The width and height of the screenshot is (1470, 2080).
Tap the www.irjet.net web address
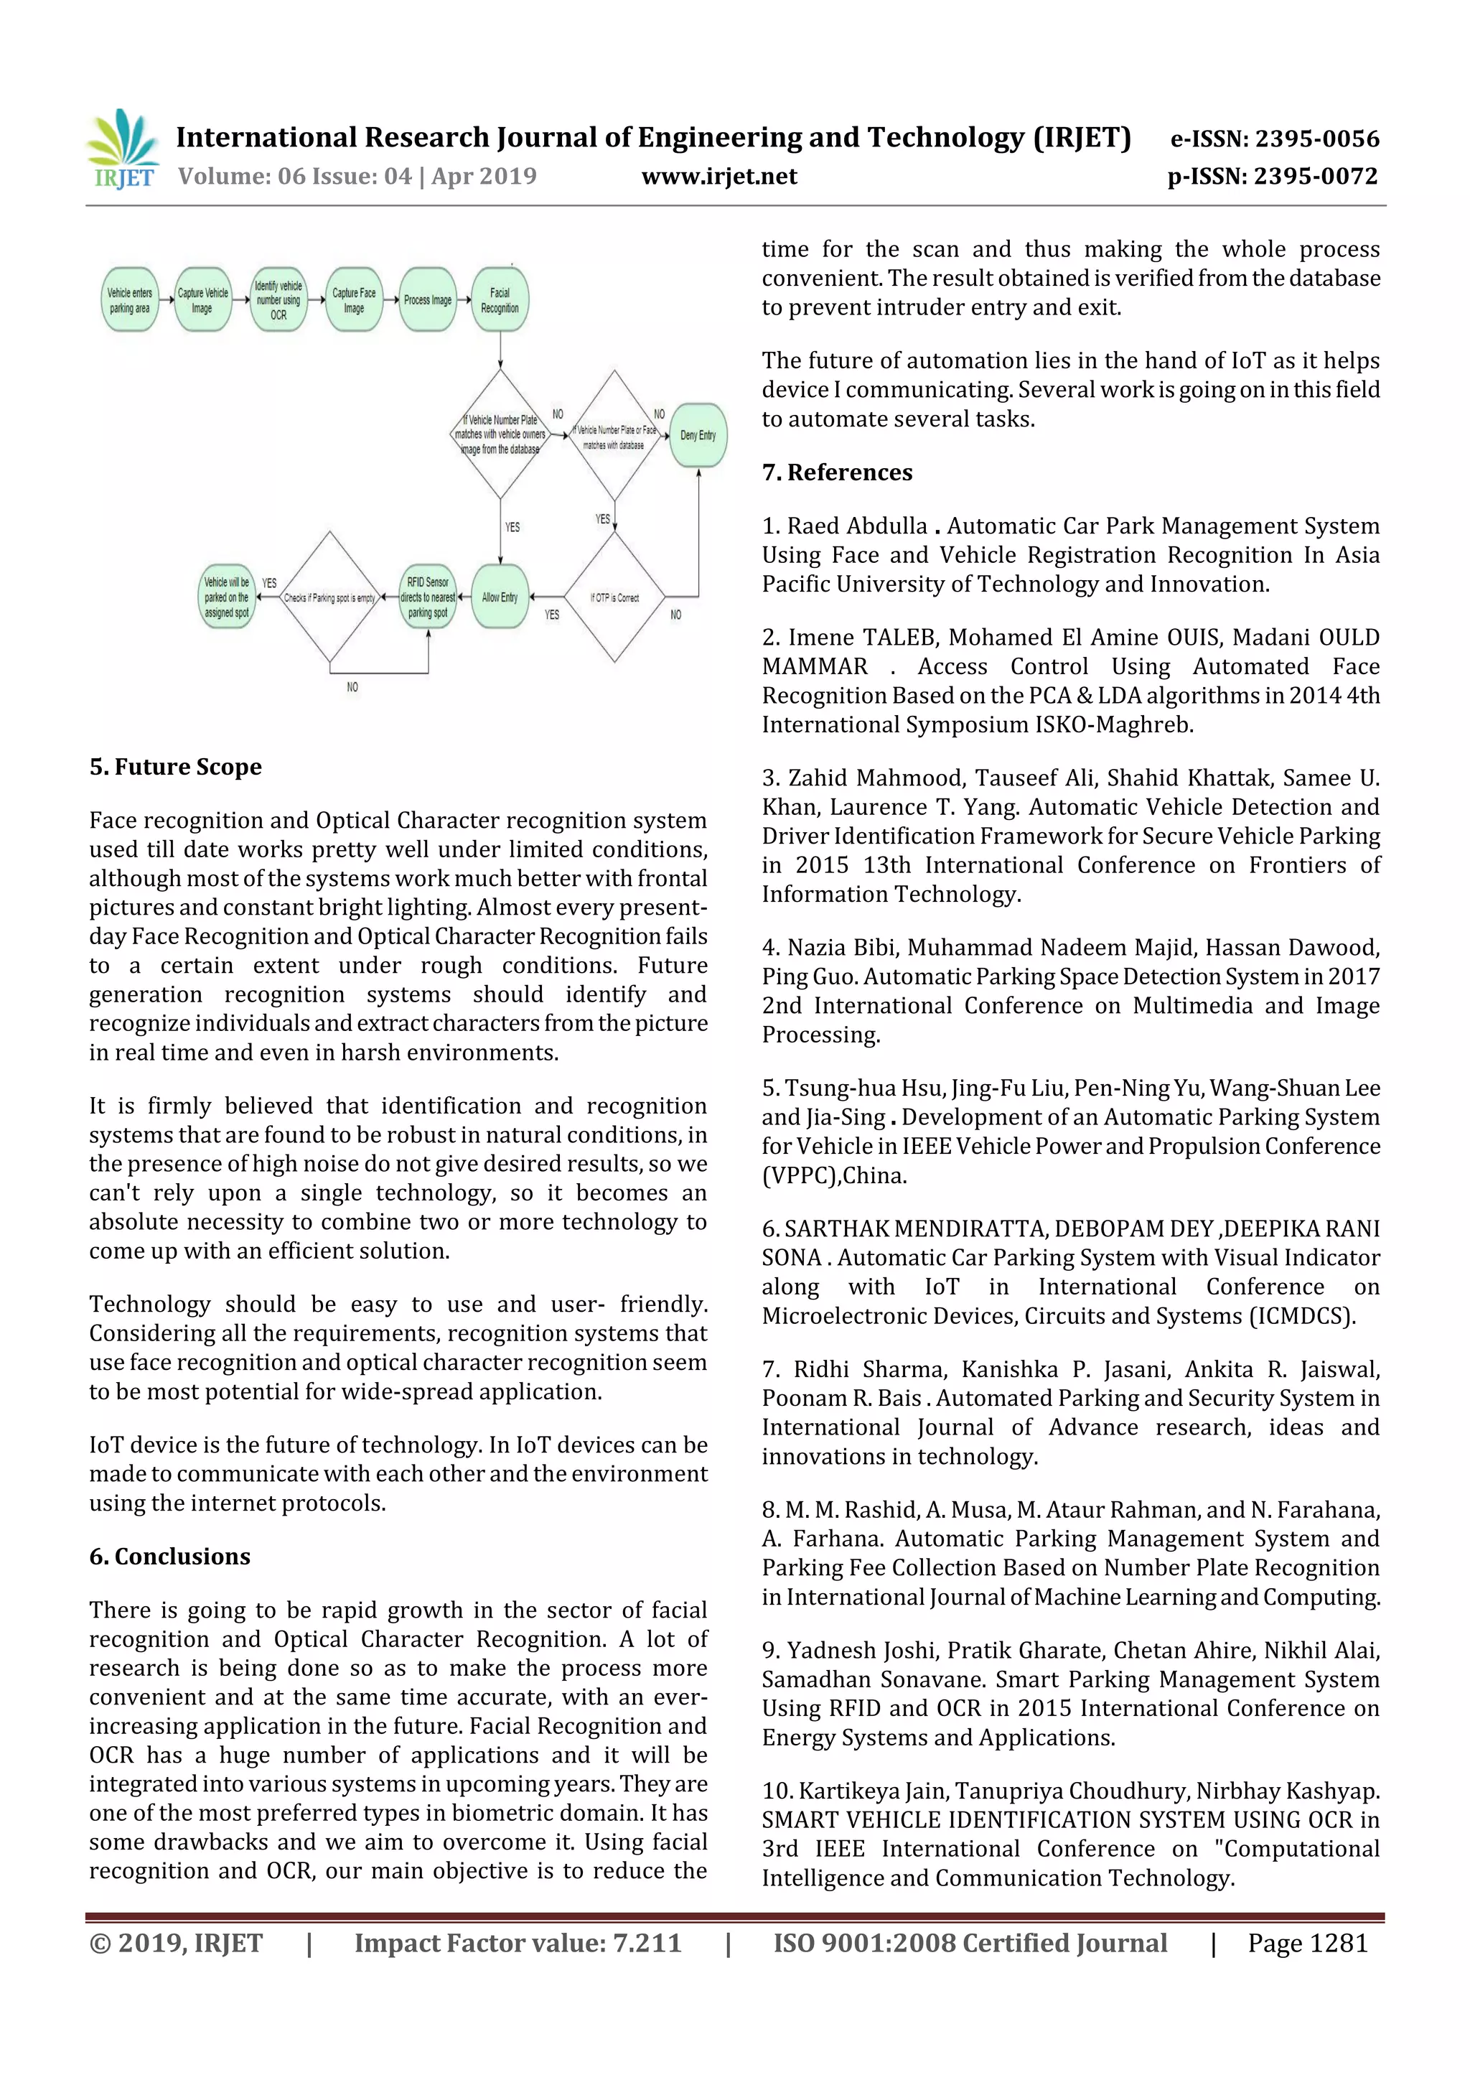coord(719,176)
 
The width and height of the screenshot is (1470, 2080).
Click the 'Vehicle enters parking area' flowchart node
coord(129,300)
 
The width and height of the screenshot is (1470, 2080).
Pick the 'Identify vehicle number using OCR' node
coord(278,300)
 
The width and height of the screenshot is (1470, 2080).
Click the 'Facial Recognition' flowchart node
coord(500,300)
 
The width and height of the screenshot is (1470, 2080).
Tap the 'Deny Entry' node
coord(698,435)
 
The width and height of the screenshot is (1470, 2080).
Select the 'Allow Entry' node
coord(500,597)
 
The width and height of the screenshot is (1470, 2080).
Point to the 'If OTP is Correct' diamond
coord(614,597)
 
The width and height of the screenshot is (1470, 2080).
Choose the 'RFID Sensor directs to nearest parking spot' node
coord(428,597)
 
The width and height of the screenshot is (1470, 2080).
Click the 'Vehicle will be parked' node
coord(226,597)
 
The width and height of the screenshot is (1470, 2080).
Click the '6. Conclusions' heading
coord(170,1557)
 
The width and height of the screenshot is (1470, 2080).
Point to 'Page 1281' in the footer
coord(1307,1942)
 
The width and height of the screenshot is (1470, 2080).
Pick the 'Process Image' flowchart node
coord(428,300)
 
